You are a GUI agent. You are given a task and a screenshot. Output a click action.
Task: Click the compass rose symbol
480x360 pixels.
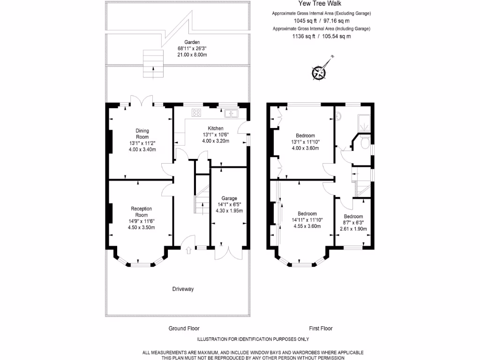(x=319, y=72)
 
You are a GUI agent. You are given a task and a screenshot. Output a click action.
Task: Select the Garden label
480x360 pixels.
(x=192, y=42)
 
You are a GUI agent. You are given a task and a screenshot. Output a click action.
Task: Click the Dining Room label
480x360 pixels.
(x=142, y=134)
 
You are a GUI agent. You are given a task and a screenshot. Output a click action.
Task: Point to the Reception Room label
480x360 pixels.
(x=141, y=211)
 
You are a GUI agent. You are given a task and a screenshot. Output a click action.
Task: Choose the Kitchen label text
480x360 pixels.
(x=216, y=128)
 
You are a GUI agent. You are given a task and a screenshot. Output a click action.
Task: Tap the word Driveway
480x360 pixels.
(x=182, y=289)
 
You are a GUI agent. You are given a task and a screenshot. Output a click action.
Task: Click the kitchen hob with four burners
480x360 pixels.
(x=196, y=112)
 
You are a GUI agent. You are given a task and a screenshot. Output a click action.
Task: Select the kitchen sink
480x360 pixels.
(x=231, y=113)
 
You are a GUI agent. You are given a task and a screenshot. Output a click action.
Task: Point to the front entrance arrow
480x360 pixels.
(x=188, y=251)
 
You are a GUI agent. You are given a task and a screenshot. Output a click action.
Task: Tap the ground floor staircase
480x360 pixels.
(x=202, y=199)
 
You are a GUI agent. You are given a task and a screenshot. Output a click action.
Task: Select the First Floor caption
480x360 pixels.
(x=321, y=329)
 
